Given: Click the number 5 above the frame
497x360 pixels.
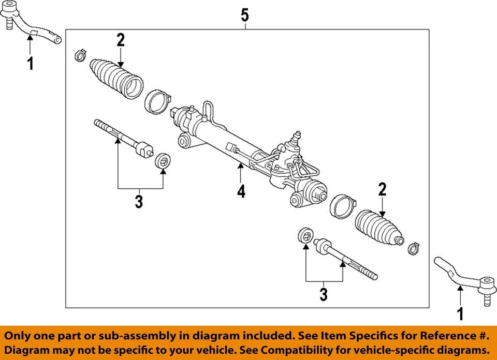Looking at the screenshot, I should point(245,15).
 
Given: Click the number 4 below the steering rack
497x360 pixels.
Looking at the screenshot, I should point(241,192).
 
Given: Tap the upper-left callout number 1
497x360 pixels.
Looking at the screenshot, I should point(30,64).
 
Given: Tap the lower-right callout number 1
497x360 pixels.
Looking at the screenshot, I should point(459,313).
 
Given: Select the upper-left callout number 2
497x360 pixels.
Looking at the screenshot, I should point(121,40).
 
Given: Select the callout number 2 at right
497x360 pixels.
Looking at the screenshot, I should point(383,189).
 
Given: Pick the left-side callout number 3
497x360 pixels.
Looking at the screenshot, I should point(138,201).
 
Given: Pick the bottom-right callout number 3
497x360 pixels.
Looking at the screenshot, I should point(324,295).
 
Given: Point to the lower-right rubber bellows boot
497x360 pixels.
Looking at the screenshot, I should point(379,228).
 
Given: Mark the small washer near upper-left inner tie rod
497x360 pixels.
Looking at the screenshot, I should point(163,160).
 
